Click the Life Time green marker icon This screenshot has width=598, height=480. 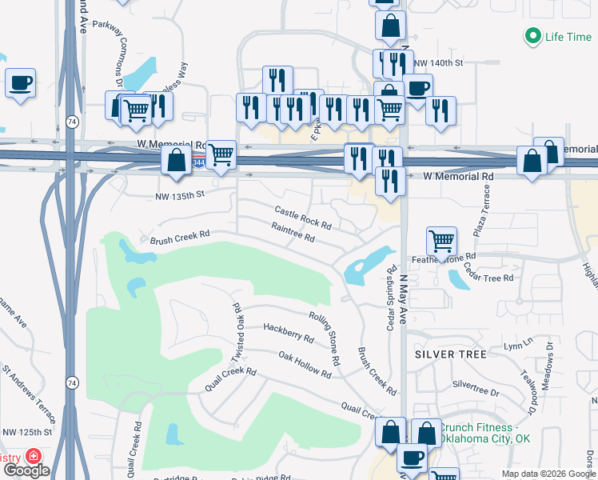pos(532,37)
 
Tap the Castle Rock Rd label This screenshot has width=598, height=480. pos(302,217)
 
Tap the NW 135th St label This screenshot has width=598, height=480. pos(180,194)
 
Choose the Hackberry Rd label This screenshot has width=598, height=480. pos(289,333)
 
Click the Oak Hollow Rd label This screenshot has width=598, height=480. pos(305,363)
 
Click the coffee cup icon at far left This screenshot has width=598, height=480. pos(21,82)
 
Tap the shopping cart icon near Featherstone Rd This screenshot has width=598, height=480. pos(441,239)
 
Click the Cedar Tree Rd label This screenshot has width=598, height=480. pos(488,277)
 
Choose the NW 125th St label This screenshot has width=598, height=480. pos(26,432)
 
